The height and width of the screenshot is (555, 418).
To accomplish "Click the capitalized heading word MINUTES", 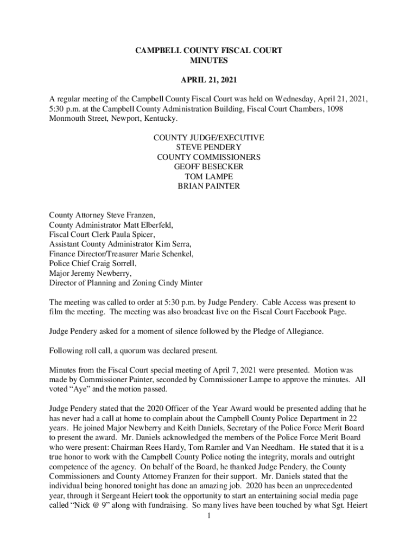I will click(208, 61).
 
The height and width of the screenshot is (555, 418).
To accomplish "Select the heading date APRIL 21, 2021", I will click(208, 81).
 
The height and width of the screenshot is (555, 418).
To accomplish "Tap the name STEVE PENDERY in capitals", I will click(209, 147).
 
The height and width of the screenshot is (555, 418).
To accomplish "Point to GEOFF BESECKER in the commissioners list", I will click(209, 167).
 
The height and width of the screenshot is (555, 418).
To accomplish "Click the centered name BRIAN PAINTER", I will click(209, 186).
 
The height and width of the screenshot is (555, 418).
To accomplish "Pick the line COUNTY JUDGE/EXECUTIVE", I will click(209, 138).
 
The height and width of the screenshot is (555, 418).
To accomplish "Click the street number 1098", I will click(333, 109).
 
